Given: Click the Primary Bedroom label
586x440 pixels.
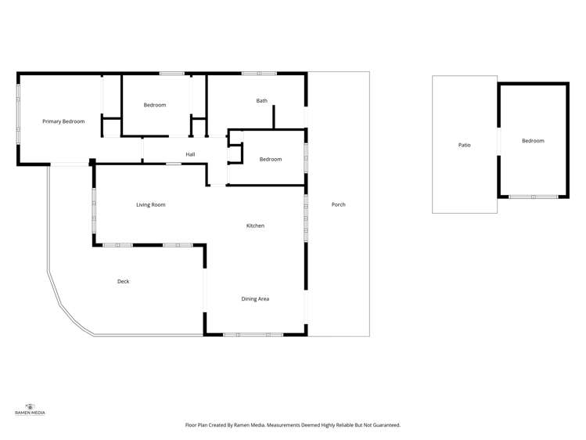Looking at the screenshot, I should (x=63, y=121).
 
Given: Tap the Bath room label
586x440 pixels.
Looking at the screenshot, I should (x=262, y=101).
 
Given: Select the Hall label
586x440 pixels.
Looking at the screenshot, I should (x=190, y=154).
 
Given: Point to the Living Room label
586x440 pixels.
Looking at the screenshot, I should (x=151, y=205).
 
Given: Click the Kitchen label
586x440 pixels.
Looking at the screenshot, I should (x=256, y=225).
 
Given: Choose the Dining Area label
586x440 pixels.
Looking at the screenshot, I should (x=255, y=298).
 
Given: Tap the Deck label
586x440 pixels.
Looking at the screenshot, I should (x=123, y=281).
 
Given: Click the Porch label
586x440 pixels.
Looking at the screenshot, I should (x=338, y=204).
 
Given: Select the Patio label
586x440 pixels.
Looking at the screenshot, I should (x=464, y=145).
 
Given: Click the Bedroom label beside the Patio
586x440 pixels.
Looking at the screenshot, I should (x=533, y=141).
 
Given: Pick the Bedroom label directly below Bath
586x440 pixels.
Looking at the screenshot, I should (x=271, y=160).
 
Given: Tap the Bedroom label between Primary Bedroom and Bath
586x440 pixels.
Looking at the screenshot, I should (x=155, y=105).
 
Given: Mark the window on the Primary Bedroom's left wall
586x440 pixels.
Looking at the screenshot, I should (x=18, y=118).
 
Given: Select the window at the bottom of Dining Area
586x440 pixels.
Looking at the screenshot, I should (x=253, y=335).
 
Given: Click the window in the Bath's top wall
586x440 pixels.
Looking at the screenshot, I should (x=259, y=74).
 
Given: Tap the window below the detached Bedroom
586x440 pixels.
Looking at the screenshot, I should (x=533, y=197).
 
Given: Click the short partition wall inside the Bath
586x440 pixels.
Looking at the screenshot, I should (x=273, y=117).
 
